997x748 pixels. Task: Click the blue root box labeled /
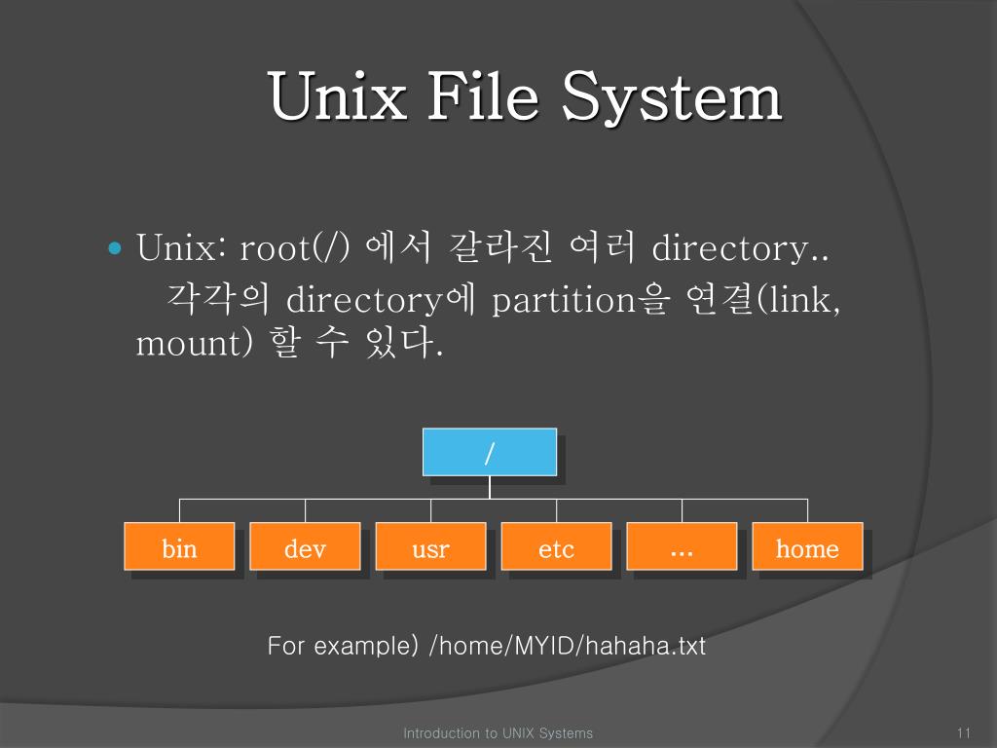[490, 452]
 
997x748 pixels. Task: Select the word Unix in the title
[336, 97]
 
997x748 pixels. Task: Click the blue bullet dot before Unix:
[114, 248]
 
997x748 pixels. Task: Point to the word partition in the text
[564, 299]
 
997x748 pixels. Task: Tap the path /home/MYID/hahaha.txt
[567, 645]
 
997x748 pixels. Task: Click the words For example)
[343, 645]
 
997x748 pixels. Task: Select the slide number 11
[965, 732]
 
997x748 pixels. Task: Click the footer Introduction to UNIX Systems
[498, 732]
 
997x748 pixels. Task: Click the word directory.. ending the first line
[740, 248]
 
